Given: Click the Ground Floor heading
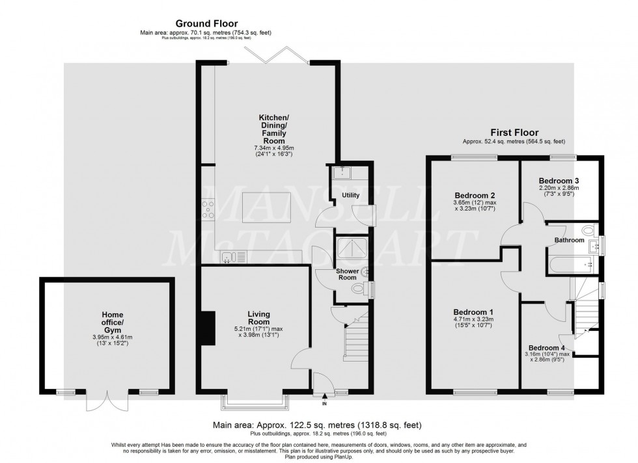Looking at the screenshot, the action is point(206,23).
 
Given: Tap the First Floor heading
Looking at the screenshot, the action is point(514,133).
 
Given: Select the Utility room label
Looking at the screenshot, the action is point(350,195).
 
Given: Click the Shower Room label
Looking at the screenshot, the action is point(347,274).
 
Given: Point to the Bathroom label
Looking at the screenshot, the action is point(569,240).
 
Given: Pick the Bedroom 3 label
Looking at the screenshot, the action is point(559,181).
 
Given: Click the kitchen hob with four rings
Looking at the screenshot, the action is point(208,210).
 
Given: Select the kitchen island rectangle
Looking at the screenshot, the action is point(266,207).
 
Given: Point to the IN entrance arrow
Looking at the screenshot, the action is point(324,397).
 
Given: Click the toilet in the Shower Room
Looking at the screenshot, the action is point(357,289).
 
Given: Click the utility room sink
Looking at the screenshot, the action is point(342,173).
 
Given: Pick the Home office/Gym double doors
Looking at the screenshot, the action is point(107,401).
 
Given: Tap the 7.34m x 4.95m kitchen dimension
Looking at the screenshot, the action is point(273,148).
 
